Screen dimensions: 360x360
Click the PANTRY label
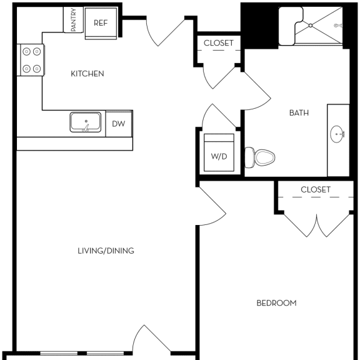click(74, 20)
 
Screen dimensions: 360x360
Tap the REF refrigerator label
click(101, 23)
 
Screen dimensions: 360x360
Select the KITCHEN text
click(87, 74)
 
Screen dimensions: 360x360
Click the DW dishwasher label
click(119, 124)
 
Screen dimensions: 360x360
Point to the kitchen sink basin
click(86, 122)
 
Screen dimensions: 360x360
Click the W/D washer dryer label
click(219, 157)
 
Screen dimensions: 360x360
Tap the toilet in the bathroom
click(260, 157)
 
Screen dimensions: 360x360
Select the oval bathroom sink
click(337, 134)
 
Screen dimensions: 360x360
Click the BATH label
click(299, 113)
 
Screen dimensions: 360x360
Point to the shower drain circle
click(311, 26)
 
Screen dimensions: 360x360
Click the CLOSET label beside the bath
click(219, 43)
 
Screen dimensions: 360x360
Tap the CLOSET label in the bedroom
click(316, 189)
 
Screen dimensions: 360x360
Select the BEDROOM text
click(276, 303)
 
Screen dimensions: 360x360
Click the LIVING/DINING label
click(106, 251)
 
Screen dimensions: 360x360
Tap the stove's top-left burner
click(27, 51)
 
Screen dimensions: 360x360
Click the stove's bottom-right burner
click(37, 69)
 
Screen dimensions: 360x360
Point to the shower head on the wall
click(338, 26)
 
